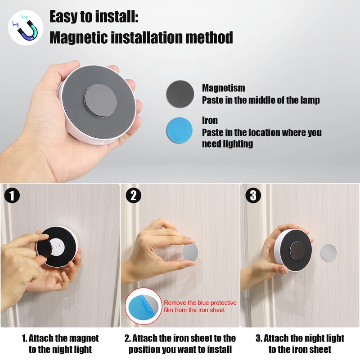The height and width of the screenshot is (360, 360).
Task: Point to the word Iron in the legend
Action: pos(210,121)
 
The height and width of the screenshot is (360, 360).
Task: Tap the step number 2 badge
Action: pos(133,196)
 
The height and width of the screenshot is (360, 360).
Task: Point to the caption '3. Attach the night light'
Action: pos(300,338)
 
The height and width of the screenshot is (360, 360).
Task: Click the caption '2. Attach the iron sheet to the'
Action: pos(180,338)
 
